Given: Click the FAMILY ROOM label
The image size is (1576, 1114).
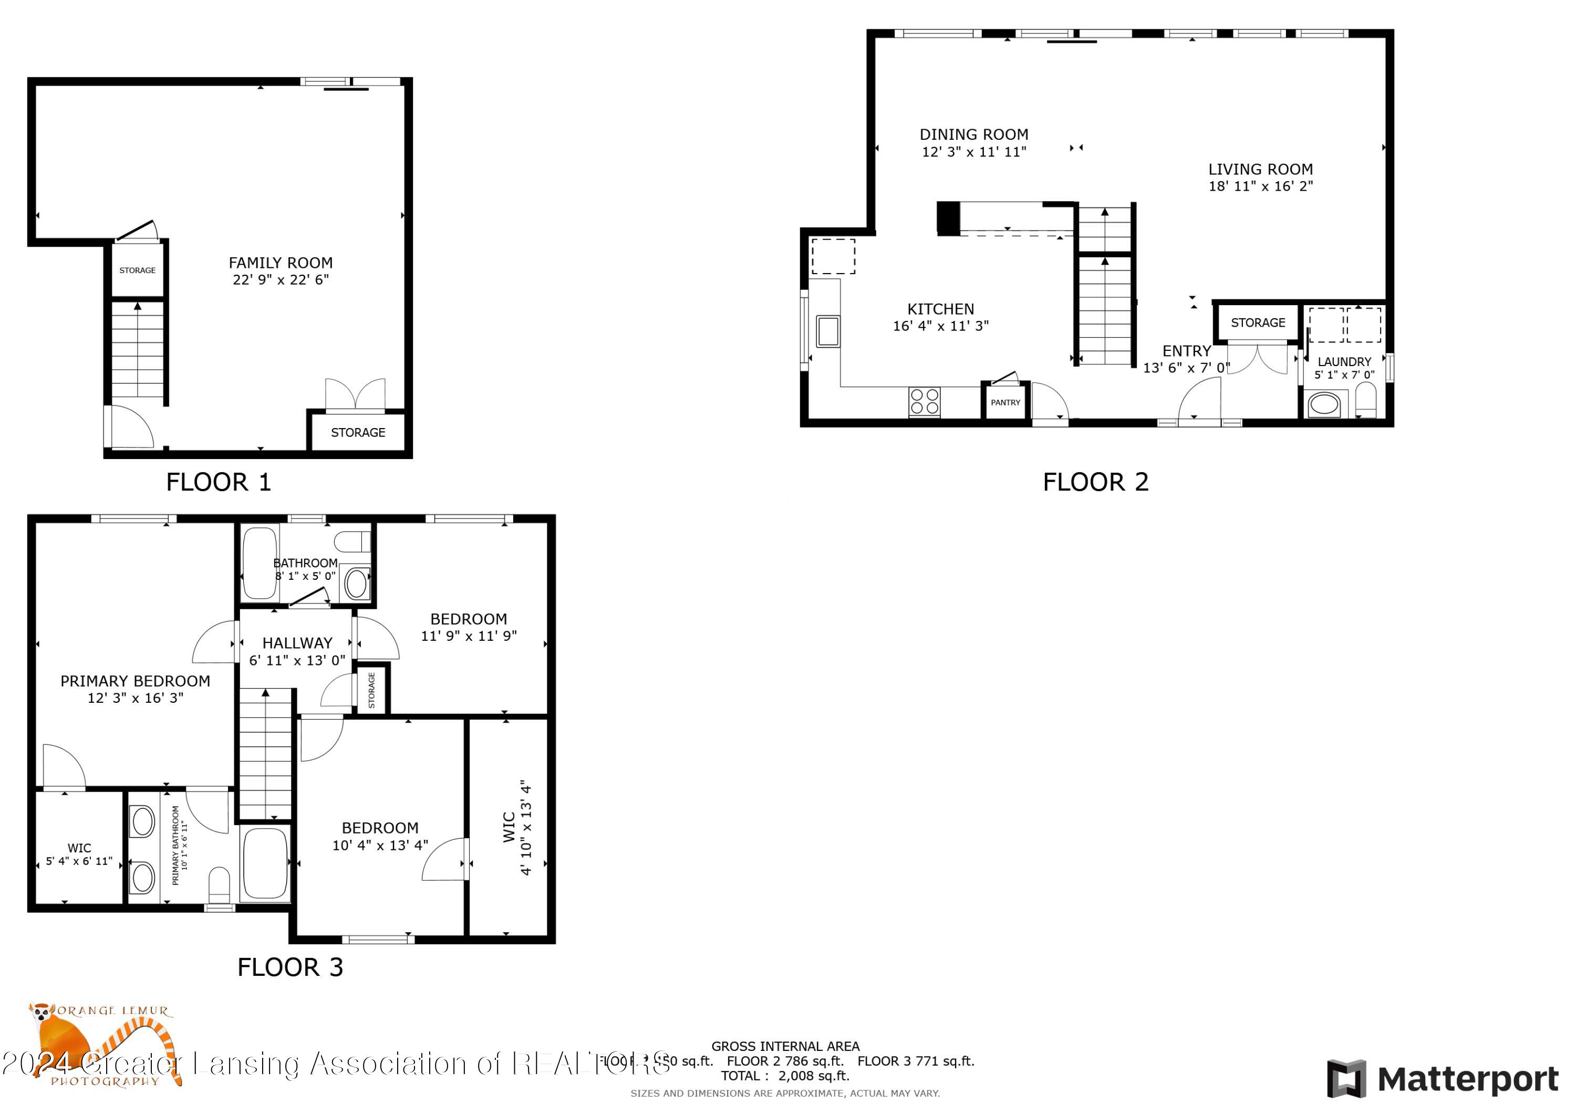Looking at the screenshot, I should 280,263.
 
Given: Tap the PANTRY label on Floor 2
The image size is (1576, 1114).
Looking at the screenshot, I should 1005,403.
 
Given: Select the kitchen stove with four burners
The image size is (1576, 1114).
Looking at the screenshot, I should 924,402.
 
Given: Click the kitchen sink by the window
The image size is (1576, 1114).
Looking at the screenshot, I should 828,331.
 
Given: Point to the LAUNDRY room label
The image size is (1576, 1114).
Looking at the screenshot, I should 1343,362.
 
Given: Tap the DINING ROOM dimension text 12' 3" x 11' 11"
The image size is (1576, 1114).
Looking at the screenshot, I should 973,152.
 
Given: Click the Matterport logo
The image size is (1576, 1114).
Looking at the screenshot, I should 1442,1078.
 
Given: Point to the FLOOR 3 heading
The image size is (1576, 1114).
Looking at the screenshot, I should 289,967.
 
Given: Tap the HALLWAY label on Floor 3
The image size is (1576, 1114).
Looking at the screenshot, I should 297,643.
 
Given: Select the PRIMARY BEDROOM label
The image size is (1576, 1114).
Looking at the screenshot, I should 135,681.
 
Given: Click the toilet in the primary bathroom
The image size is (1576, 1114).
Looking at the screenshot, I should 219,886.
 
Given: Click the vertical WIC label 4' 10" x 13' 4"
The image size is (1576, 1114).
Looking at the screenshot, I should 517,827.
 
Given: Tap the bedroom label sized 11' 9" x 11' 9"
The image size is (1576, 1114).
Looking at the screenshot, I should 468,619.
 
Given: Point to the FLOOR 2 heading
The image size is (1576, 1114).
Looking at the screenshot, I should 1095,482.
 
